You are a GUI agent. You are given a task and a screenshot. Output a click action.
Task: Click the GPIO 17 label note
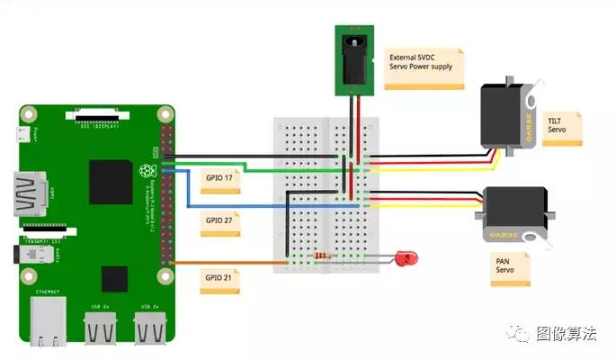click(219, 179)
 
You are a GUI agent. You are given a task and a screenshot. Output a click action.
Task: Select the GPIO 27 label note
click(219, 222)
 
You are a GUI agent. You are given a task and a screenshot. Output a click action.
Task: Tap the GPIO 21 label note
click(219, 277)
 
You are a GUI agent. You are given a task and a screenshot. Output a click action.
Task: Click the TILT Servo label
click(562, 129)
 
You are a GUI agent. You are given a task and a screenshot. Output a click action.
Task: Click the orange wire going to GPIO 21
click(225, 262)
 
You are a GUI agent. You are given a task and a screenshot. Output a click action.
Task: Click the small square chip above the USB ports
click(114, 279)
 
